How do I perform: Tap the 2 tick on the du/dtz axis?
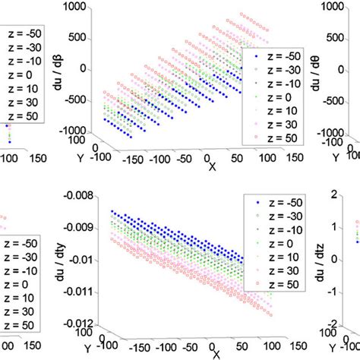click(344, 196)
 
